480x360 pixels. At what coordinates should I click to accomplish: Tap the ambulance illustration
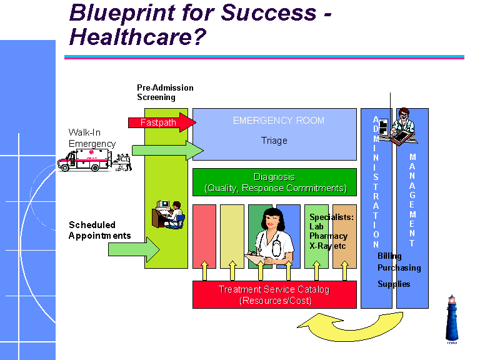(x=84, y=160)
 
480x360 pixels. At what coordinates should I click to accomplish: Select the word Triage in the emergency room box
(x=274, y=141)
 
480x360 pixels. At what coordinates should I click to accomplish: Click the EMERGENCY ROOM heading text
(x=278, y=121)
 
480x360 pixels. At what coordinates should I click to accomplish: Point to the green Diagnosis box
(x=274, y=182)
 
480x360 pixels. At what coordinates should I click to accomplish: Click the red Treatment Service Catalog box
(x=274, y=295)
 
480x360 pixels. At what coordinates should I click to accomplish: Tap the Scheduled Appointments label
(x=99, y=230)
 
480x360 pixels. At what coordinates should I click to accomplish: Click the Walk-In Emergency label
(x=92, y=138)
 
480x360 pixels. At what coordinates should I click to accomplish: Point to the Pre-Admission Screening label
(x=165, y=92)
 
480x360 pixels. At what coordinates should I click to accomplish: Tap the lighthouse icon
(x=452, y=319)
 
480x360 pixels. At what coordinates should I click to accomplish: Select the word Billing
(x=389, y=256)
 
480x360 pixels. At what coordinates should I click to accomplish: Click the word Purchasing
(x=399, y=268)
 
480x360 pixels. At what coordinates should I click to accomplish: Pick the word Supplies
(x=394, y=284)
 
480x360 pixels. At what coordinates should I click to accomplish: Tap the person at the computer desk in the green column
(x=169, y=214)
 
